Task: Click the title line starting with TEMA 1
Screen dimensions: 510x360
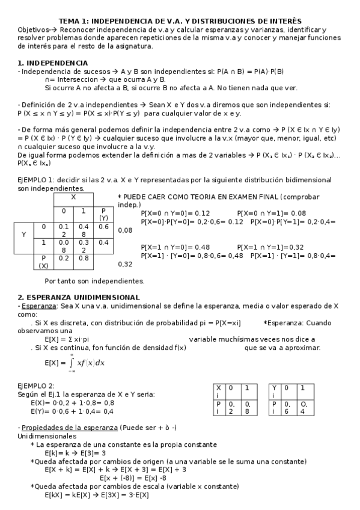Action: pos(180,21)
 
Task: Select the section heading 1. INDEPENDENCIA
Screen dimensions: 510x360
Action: pos(53,63)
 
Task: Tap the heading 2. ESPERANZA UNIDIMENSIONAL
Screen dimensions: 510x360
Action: pos(79,297)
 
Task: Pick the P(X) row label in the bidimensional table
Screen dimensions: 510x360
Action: pos(44,262)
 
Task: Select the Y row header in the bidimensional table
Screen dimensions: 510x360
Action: pos(24,235)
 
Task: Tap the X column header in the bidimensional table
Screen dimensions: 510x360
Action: pos(73,197)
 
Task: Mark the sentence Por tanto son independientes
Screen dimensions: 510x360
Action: pos(94,281)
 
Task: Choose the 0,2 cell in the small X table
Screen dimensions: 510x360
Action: pos(232,408)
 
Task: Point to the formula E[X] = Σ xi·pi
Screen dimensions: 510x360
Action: pos(67,339)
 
